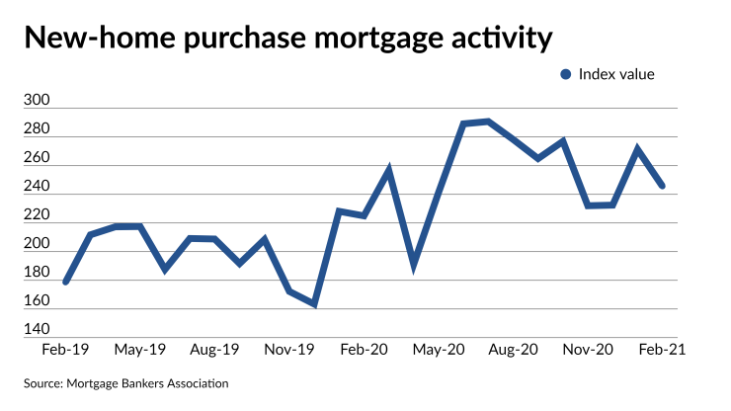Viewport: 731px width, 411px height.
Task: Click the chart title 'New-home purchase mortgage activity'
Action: point(287,39)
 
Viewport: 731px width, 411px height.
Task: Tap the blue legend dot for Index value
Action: point(566,74)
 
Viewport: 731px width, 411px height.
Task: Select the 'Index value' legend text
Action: point(616,74)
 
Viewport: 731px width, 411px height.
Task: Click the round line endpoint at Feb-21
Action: point(662,186)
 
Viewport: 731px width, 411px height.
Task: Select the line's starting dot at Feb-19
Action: point(66,282)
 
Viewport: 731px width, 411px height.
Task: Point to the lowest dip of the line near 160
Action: point(314,303)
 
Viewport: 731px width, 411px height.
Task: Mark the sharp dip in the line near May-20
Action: point(414,265)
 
